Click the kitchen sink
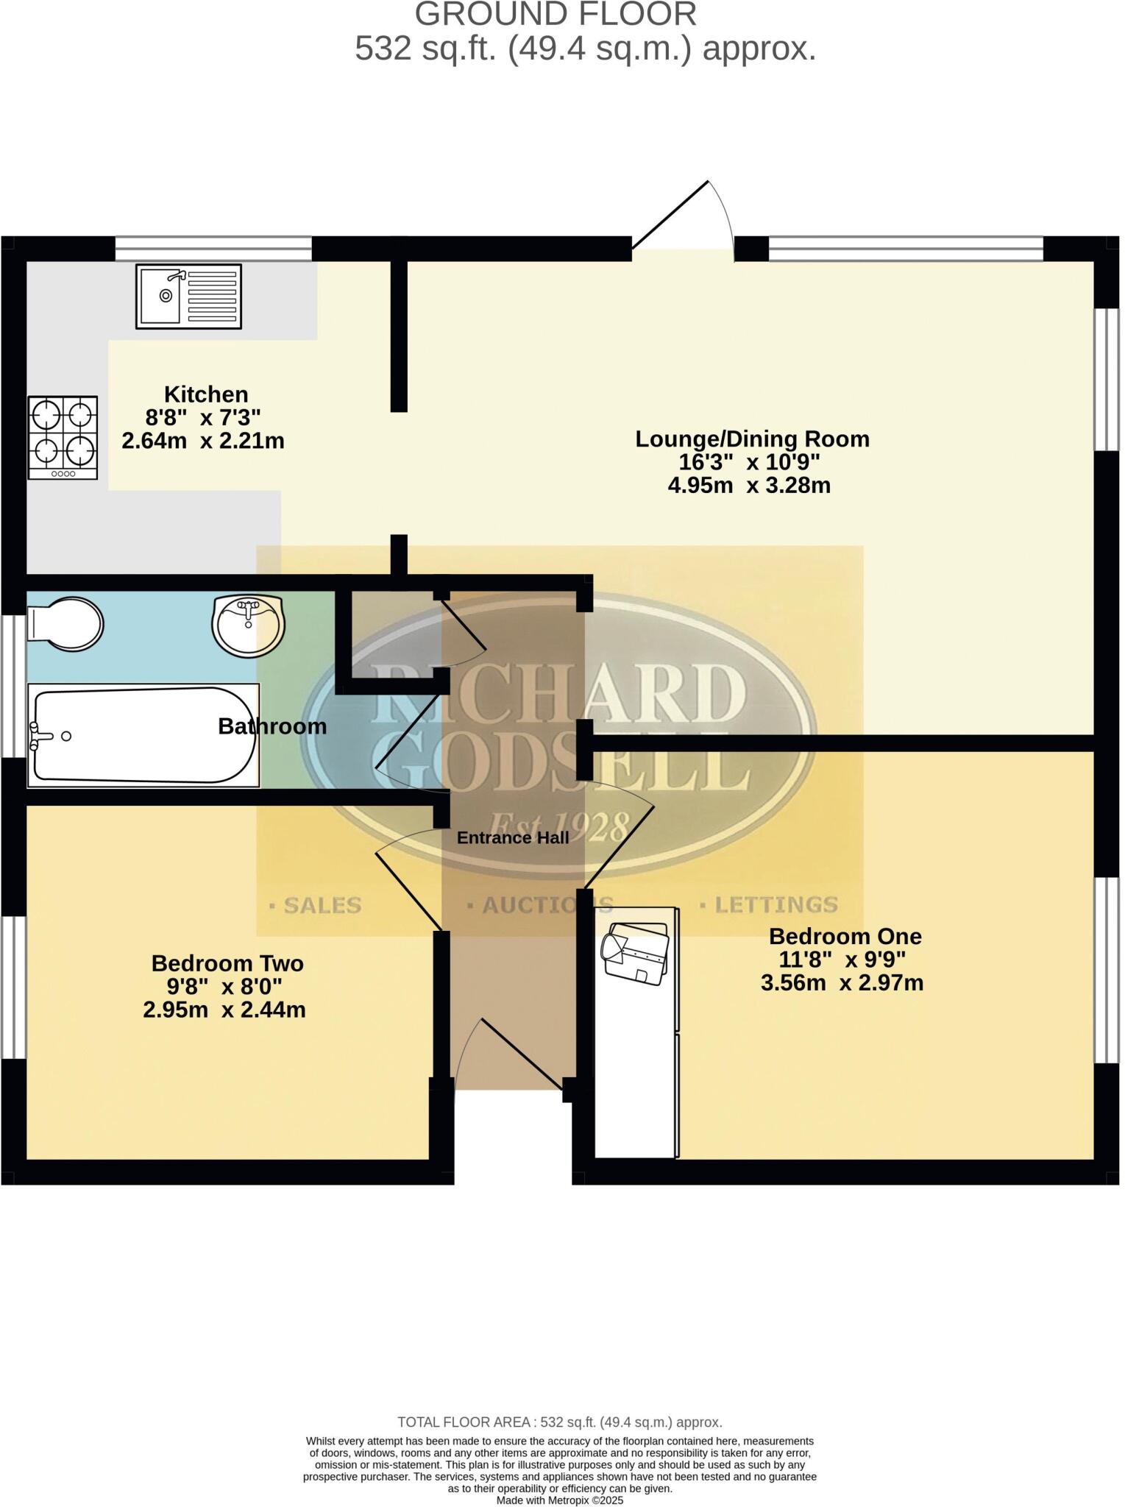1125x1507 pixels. point(188,296)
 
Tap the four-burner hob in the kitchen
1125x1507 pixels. point(63,438)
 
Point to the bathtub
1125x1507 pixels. point(143,735)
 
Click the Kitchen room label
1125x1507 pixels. point(205,394)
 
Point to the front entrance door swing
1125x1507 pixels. point(515,1052)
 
